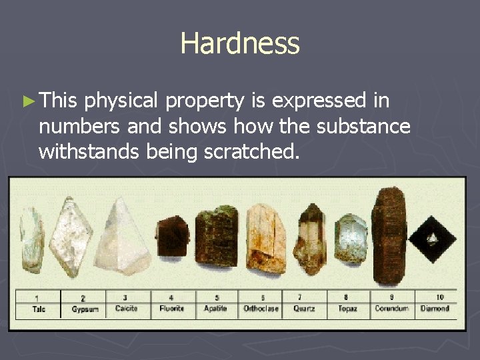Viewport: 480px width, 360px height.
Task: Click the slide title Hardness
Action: [x=240, y=44]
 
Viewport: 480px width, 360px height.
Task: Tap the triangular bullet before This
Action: [x=27, y=102]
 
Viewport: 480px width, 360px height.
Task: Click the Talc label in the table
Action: [x=39, y=309]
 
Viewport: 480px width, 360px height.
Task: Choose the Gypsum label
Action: [x=85, y=309]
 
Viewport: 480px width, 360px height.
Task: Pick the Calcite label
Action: [x=126, y=309]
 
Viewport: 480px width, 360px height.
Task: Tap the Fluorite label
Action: [x=171, y=309]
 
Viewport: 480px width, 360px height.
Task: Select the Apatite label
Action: [x=217, y=309]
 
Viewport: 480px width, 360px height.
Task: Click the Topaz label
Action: [x=345, y=309]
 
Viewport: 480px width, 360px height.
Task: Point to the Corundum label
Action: [x=391, y=309]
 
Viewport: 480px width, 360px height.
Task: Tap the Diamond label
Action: [x=435, y=309]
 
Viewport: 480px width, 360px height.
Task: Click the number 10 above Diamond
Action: [x=439, y=297]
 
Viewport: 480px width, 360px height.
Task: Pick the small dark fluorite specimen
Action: [x=172, y=243]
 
